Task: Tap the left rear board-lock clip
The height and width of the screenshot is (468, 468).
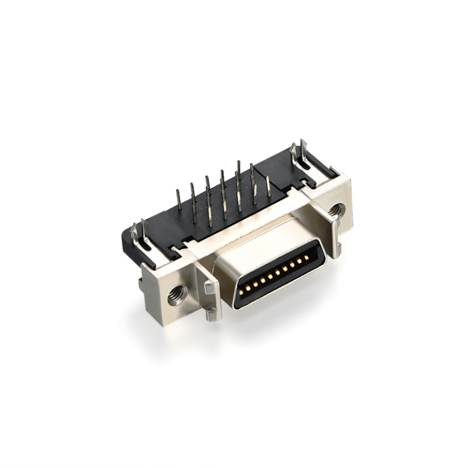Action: point(144,235)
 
